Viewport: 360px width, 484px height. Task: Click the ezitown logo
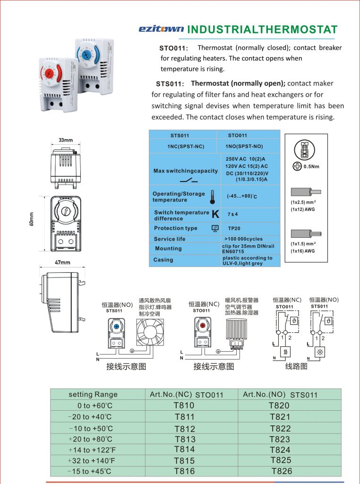tap(161, 29)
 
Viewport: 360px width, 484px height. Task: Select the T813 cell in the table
tap(184, 439)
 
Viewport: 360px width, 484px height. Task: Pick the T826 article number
tap(282, 471)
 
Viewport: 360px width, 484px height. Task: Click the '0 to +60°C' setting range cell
tap(95, 406)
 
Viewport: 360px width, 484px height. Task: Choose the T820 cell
tap(279, 406)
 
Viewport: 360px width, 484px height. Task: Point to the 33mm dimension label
tap(66, 140)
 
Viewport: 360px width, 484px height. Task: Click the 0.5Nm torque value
tap(311, 166)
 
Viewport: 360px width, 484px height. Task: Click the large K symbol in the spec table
tap(215, 214)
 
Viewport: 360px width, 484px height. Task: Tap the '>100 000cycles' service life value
tap(243, 239)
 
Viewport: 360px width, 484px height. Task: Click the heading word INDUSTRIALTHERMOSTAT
tap(262, 29)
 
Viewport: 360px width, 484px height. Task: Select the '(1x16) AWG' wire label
tap(302, 251)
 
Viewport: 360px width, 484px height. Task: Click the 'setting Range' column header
tap(93, 395)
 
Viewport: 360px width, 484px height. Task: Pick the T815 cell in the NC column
tap(184, 460)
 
